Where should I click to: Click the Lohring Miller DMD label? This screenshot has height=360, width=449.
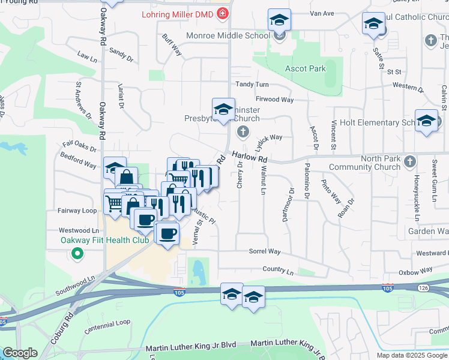click(178, 14)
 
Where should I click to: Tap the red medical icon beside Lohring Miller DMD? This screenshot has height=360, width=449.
click(223, 13)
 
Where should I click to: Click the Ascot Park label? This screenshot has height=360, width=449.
click(306, 68)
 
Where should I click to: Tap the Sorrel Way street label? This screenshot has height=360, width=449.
click(265, 251)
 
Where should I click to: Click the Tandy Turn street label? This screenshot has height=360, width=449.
click(252, 85)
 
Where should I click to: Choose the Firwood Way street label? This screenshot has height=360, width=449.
click(274, 99)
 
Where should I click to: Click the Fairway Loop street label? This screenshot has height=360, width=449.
click(77, 211)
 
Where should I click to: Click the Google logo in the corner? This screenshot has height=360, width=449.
click(20, 353)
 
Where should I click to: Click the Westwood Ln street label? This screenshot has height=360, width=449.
click(79, 230)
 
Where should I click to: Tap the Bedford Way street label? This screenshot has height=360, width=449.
click(78, 160)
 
